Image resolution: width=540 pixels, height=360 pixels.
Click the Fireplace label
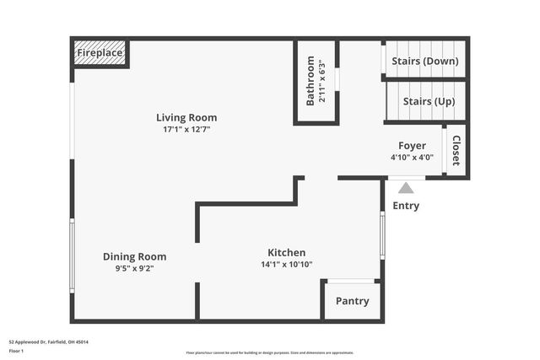point(100,53)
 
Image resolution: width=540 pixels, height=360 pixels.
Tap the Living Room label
point(186,118)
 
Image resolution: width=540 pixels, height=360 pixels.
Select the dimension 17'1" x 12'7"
point(186,130)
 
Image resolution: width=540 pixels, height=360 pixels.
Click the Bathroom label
point(310,81)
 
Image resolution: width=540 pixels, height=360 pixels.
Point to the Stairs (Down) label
point(430,61)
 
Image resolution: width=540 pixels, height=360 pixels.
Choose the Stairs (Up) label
point(429,102)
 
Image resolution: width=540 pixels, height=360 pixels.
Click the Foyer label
point(412,146)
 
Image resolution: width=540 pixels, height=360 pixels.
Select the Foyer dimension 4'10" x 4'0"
point(412,158)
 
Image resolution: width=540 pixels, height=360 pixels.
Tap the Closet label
point(456,150)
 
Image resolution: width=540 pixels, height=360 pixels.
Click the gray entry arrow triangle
point(406,188)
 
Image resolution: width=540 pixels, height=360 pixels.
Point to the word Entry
point(406,206)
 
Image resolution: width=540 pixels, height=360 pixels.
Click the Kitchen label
point(287,253)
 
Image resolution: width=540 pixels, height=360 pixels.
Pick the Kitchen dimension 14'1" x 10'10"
point(287,265)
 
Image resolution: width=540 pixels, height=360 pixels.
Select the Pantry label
point(352,301)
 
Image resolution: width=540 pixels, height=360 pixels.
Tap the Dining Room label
point(135,256)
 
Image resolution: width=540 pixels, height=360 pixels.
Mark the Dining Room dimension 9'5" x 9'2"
point(135,268)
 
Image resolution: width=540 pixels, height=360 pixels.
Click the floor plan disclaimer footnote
point(270,352)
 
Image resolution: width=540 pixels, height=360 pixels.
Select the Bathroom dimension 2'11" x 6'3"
point(322,81)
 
